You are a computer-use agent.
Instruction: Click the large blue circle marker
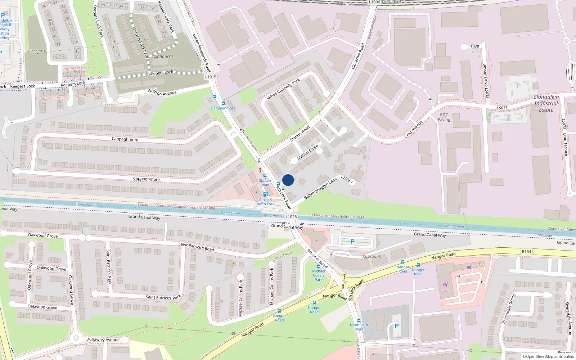288,180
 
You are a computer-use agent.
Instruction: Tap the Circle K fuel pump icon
265,194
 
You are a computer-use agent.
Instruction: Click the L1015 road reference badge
211,77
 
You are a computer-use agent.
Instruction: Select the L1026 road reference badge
291,217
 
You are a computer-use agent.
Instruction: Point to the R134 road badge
526,252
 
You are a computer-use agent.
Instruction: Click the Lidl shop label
445,290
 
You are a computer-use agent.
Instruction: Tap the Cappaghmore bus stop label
223,108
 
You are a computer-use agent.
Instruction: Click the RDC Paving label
444,117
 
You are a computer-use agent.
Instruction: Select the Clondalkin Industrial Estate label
546,103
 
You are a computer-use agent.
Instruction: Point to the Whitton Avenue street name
162,93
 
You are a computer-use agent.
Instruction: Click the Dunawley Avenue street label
103,339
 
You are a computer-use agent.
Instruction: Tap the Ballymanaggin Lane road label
320,188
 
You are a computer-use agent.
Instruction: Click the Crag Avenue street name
413,129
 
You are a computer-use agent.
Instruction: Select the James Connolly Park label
283,90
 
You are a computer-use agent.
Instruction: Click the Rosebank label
372,256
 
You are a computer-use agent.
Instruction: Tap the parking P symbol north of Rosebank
352,242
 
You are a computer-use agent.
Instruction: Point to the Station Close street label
307,152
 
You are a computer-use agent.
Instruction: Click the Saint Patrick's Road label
196,247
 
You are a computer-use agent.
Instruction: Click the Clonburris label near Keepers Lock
163,57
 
